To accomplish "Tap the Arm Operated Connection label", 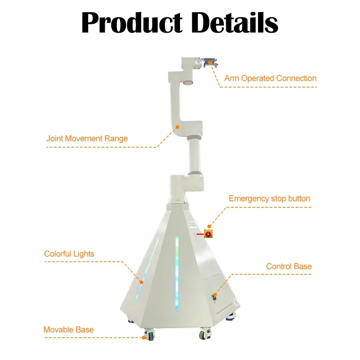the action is click(270, 78).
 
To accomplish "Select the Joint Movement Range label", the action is click(87, 139).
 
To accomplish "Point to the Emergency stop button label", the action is click(269, 199).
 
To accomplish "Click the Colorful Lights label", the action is click(69, 254).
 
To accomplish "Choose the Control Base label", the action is click(289, 266).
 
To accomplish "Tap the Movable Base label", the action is click(69, 330).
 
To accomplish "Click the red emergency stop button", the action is click(208, 234).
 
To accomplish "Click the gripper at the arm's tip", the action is click(210, 62).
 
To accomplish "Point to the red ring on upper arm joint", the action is click(188, 82).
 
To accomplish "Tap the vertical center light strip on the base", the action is click(177, 273).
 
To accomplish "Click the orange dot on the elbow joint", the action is click(177, 127).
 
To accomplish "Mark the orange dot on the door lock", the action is click(215, 295).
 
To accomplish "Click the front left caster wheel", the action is click(150, 334).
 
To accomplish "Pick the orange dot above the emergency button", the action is click(209, 226).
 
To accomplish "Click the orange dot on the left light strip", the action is click(141, 282).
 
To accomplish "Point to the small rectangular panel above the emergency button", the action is click(192, 225).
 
